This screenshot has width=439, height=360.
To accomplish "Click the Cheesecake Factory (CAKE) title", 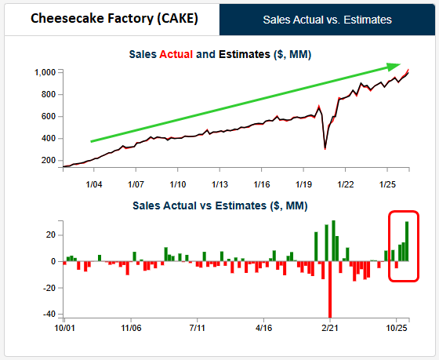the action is (x=114, y=19).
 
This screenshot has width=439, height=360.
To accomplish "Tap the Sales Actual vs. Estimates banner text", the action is (x=328, y=20).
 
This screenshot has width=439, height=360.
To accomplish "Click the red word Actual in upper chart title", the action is (x=176, y=54).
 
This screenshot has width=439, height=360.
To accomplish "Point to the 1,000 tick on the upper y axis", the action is (x=45, y=73).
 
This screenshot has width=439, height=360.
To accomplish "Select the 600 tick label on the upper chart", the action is (x=49, y=116).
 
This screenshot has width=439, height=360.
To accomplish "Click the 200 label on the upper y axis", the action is (x=49, y=160).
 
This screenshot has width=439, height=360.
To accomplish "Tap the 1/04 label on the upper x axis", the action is (x=94, y=184).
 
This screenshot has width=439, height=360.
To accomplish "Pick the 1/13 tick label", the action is (x=219, y=184).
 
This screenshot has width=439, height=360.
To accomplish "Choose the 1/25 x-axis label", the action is (x=387, y=184).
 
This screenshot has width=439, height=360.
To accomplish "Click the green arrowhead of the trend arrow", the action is (x=394, y=67).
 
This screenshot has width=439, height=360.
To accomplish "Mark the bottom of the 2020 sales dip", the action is (x=325, y=149).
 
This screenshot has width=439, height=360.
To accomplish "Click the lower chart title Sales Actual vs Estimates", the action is (x=220, y=205).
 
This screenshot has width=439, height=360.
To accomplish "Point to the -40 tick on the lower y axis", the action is (x=49, y=314).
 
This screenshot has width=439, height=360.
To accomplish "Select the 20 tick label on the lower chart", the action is (x=51, y=235).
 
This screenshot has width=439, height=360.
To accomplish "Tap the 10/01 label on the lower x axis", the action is (x=64, y=328).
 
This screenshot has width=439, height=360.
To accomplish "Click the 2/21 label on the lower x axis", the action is (x=330, y=328).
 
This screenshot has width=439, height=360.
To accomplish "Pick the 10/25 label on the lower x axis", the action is (x=397, y=328).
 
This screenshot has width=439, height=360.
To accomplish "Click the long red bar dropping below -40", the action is (x=330, y=289).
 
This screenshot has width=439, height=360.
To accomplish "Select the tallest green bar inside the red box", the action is (x=407, y=242).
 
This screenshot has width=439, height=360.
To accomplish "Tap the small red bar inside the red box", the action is (x=397, y=265).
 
